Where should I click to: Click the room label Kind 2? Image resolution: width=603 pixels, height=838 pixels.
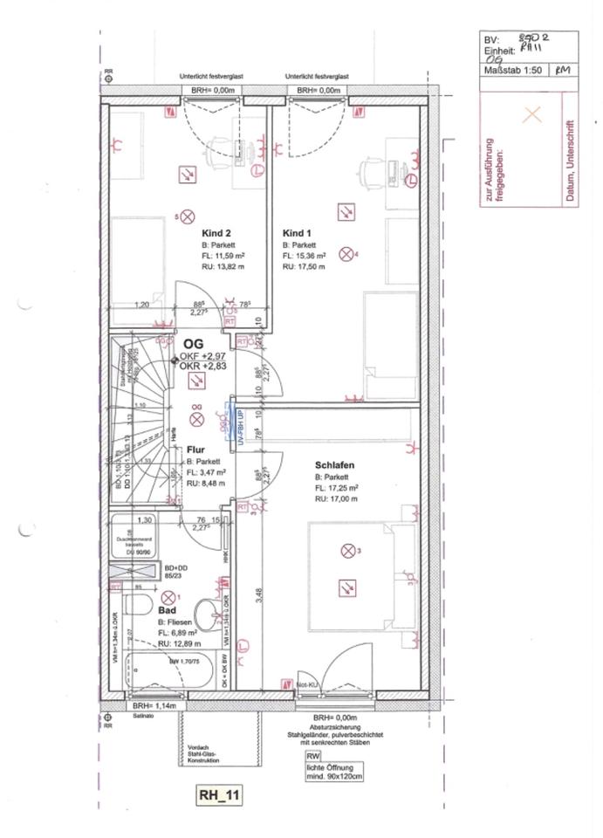point(216,233)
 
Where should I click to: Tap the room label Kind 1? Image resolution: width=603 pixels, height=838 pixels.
point(297,233)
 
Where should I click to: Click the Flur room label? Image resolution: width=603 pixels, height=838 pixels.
point(195,450)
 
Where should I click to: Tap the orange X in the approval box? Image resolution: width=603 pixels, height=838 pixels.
point(531,114)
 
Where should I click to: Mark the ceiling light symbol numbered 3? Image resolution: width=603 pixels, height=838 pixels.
point(349,551)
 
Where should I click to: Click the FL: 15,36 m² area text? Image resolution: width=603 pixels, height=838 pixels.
point(304,257)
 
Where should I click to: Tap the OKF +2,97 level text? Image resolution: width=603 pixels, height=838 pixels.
point(202,357)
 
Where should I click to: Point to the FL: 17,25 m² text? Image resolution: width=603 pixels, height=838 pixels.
point(339,489)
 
